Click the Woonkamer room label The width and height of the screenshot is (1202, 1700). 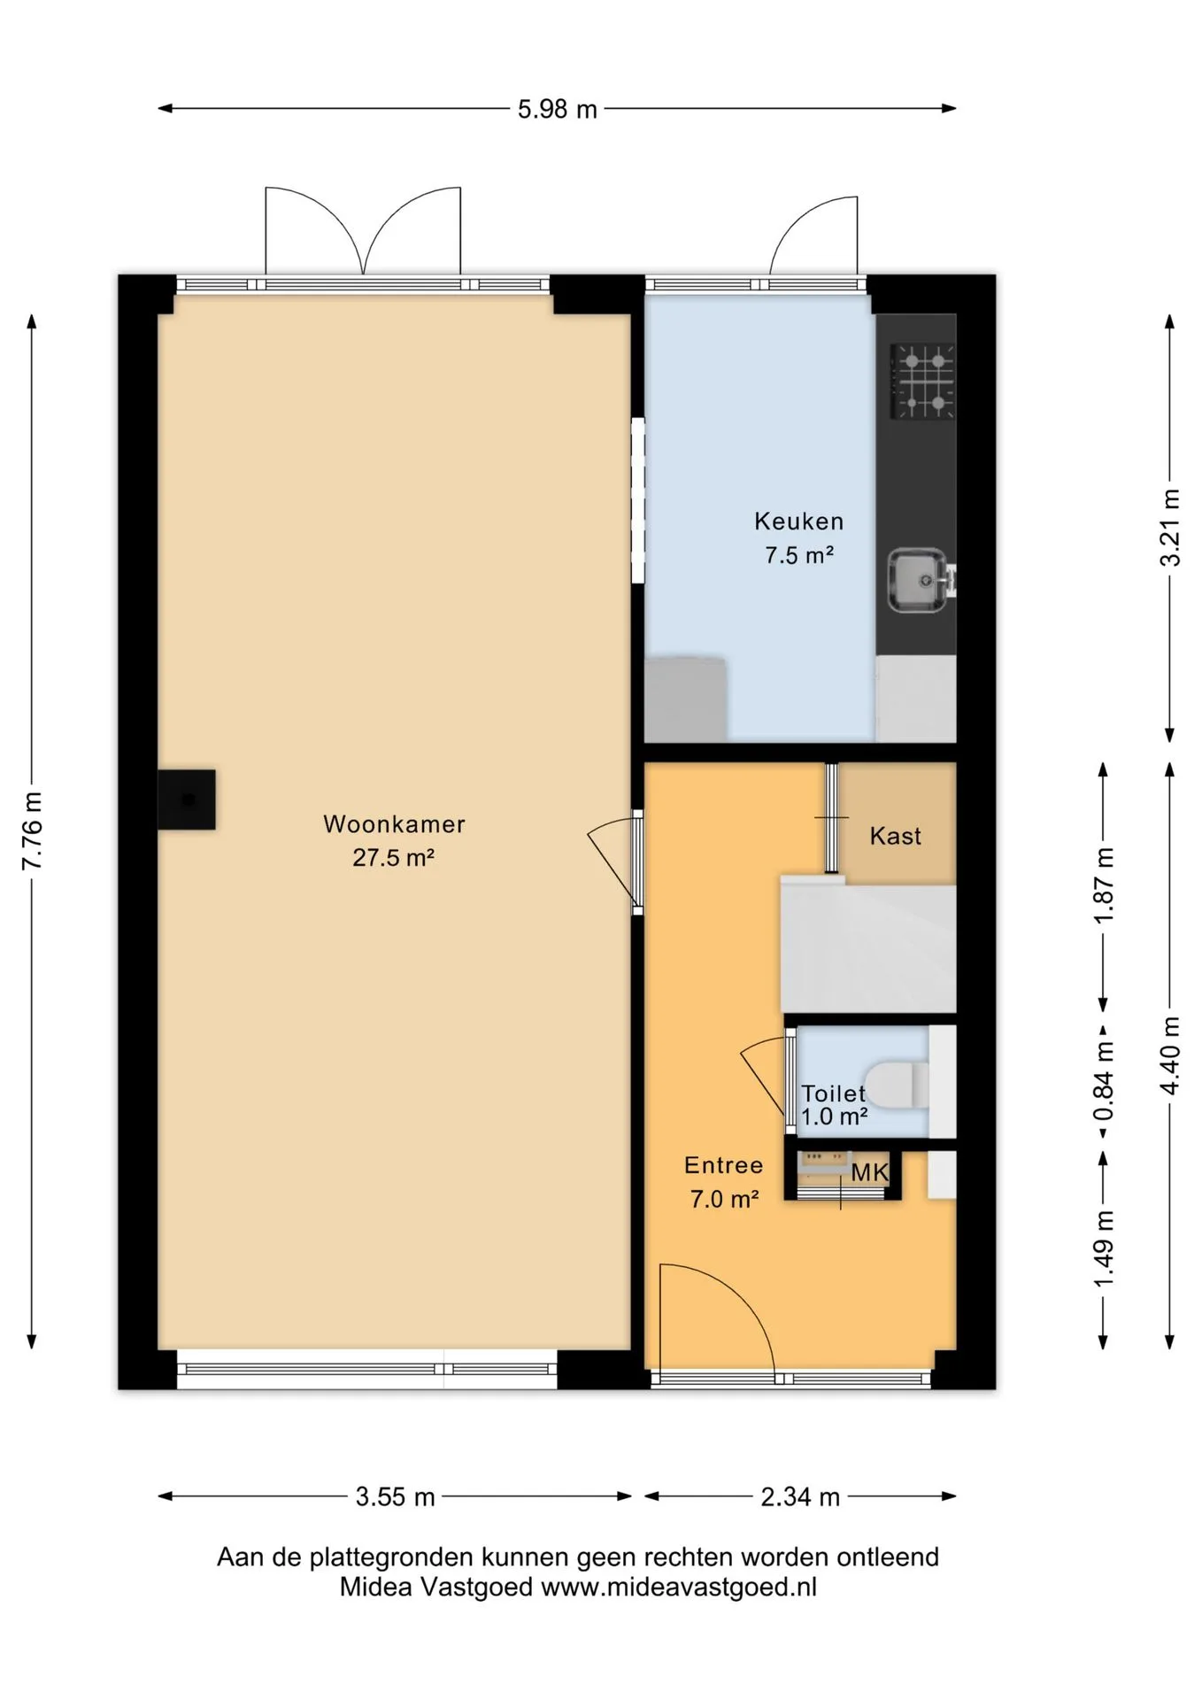coord(394,824)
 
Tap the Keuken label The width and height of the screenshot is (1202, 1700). coord(799,522)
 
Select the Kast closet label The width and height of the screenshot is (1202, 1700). coord(896,836)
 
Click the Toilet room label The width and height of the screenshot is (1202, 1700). coord(834,1093)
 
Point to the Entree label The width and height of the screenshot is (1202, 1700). coord(724,1165)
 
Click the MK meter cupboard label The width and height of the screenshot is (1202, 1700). coord(870,1173)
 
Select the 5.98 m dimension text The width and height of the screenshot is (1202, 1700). coord(558,110)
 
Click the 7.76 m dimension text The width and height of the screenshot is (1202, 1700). coord(33,831)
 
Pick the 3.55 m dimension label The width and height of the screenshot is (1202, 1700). coord(396,1497)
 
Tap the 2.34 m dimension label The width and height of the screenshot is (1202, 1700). coord(800,1497)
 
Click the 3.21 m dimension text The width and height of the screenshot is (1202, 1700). coord(1171,528)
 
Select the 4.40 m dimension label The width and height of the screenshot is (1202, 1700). coord(1171,1055)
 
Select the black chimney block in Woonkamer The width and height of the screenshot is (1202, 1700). coord(187,800)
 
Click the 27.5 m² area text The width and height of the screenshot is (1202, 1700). coord(394,858)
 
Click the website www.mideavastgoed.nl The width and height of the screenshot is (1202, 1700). coord(679,1588)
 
